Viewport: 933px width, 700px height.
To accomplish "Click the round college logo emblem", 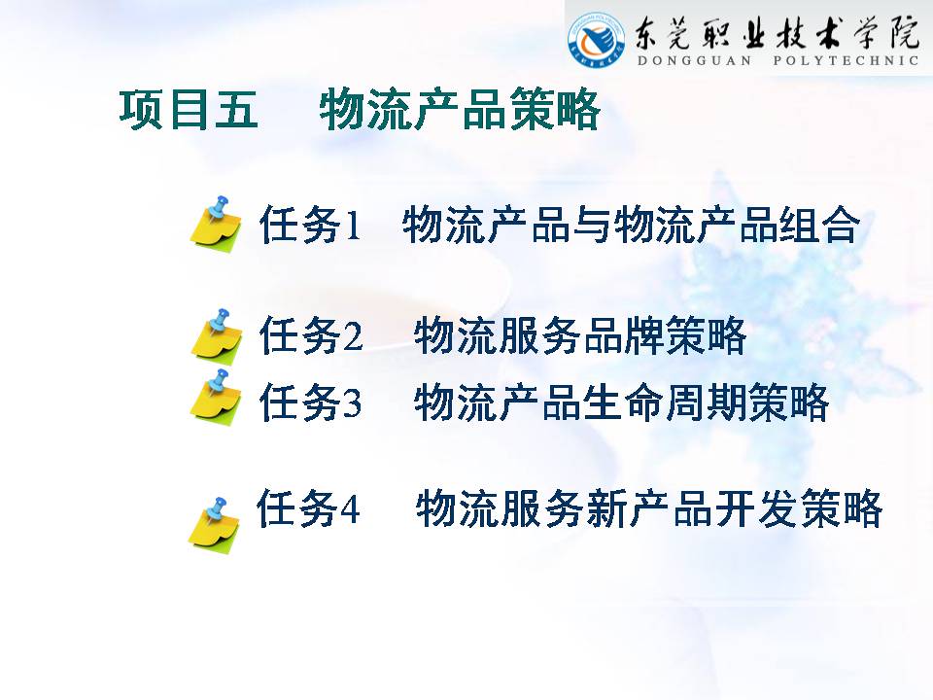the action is point(596,40).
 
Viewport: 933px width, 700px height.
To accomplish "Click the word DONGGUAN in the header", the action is point(694,60).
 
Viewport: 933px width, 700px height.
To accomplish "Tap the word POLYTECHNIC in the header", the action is point(846,60).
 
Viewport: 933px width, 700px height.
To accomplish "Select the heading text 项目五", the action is point(189,110).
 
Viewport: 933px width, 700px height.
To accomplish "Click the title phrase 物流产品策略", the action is point(460,110).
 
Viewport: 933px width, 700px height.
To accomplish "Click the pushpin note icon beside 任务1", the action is point(216,224).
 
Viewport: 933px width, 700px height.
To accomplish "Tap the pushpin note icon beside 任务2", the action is point(217,335).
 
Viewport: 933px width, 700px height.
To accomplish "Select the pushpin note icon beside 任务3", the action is point(216,397).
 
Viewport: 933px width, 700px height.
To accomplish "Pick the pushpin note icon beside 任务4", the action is point(214,526).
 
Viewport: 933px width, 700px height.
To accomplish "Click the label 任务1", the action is point(310,224).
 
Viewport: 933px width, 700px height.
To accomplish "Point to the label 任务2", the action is point(311,335).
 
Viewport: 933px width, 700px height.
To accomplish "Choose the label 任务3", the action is point(311,402).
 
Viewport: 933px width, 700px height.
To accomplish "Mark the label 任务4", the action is point(308,508).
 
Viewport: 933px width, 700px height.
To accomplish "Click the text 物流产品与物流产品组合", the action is point(632,225).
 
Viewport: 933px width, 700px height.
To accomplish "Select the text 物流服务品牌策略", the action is point(580,335).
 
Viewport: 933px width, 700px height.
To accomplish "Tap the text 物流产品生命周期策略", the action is point(621,402).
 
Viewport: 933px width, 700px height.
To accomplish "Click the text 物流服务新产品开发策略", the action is point(648,508).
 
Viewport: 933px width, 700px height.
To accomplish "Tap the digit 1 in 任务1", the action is point(353,226).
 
